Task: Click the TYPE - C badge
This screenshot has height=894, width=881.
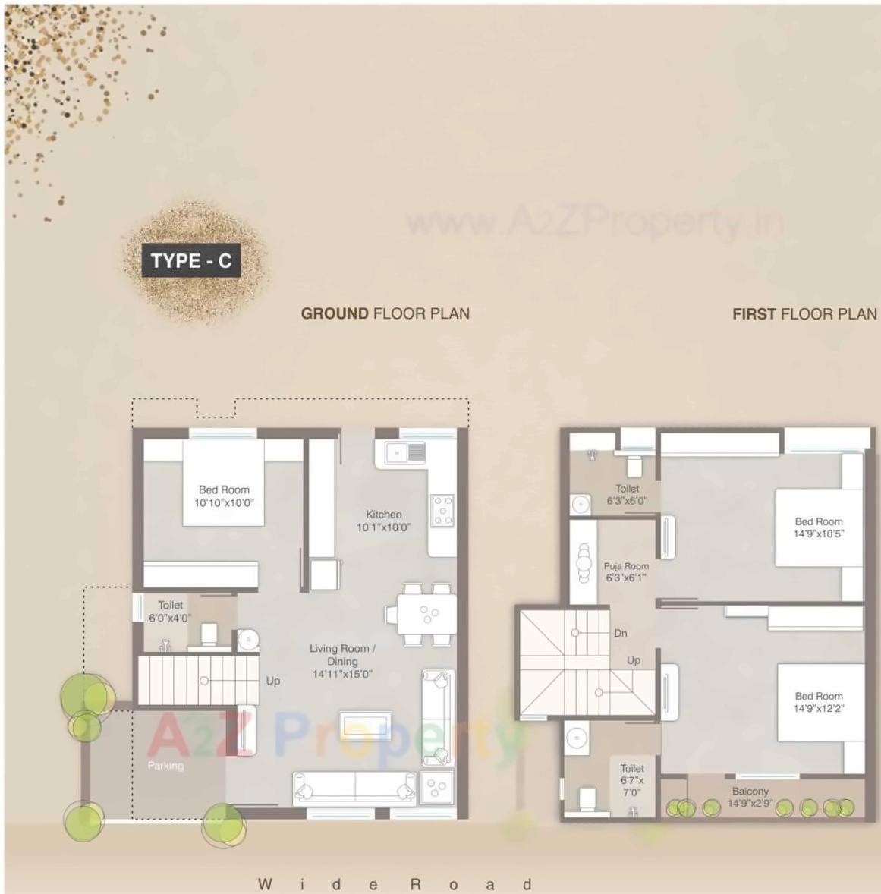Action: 190,261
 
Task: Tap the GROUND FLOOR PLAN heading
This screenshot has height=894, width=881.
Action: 385,313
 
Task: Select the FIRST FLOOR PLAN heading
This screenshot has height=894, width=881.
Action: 804,314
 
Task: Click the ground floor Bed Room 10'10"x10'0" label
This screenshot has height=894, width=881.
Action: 224,496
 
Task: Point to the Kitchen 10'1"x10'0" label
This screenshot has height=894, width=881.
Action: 383,521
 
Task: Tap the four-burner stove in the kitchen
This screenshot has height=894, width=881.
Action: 442,510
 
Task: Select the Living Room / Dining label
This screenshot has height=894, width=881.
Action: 342,661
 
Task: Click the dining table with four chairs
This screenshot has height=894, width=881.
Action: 422,613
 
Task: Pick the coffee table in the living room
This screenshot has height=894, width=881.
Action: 366,724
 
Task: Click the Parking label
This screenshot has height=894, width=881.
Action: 165,766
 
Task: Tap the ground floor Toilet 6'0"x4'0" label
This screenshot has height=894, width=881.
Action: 170,612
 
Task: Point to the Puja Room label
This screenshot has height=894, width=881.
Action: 626,571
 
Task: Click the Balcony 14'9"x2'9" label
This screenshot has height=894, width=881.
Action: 750,797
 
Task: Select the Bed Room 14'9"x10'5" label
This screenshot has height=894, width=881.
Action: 819,527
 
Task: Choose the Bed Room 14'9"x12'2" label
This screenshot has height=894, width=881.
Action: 819,702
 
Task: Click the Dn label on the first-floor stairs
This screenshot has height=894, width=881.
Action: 621,633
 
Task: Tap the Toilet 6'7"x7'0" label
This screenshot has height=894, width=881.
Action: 631,780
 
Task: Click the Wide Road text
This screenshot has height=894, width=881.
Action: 395,884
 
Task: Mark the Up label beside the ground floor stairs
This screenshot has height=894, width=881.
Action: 273,681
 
